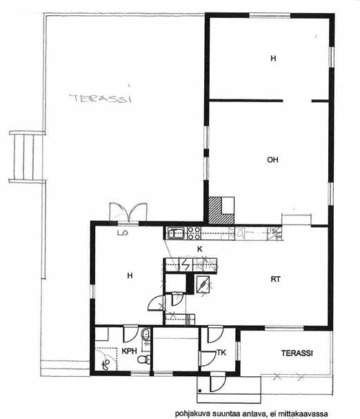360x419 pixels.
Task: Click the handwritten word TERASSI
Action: coord(101,98)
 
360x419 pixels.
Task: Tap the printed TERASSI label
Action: coord(297,353)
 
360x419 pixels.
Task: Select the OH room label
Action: coord(272,159)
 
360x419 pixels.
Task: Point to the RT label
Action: coord(276,280)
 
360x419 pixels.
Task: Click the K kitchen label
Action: coord(199,249)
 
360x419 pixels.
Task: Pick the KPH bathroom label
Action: coord(129,351)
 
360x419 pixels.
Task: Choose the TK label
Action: coord(221,353)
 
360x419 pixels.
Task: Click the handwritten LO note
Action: coord(123,233)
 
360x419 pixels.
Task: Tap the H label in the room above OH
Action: coord(273,58)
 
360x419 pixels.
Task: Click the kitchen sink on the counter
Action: coord(175,233)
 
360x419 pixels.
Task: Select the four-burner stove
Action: coord(194,233)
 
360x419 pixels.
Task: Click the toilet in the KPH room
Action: coord(144,359)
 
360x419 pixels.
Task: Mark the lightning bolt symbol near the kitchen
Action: coord(185,265)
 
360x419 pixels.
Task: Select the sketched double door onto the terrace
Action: coord(128,212)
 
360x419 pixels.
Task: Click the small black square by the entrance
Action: coord(200,391)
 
